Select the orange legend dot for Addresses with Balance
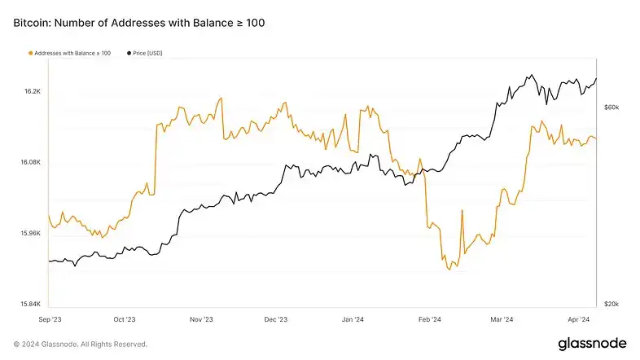pos(30,53)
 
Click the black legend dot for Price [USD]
pos(129,53)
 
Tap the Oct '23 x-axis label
pos(125,319)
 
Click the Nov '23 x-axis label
pos(201,319)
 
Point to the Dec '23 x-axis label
pos(277,319)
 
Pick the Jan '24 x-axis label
pos(353,319)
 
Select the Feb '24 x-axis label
pos(430,319)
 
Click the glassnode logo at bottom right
pos(591,344)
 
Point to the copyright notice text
pos(81,344)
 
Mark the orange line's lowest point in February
pos(449,270)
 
